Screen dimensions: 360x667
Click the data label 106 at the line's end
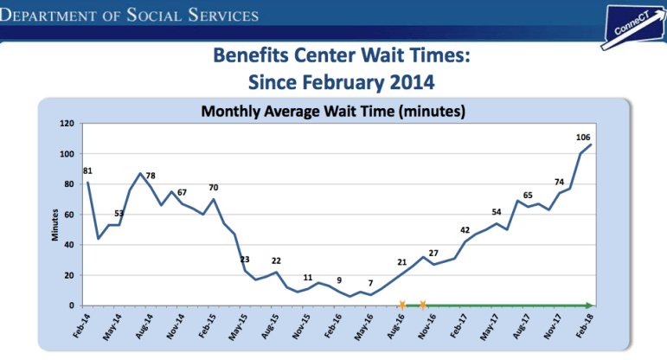583,137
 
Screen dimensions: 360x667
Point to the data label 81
87,170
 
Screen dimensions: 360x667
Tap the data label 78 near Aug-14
150,176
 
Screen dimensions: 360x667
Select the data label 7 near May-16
370,283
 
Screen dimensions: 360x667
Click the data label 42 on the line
465,229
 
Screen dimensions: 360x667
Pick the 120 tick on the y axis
67,123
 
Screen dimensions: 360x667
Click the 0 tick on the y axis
73,305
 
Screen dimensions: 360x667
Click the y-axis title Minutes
54,224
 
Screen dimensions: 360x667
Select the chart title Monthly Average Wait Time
333,112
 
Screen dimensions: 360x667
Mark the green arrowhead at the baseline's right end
588,305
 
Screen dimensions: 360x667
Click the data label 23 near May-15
245,260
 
